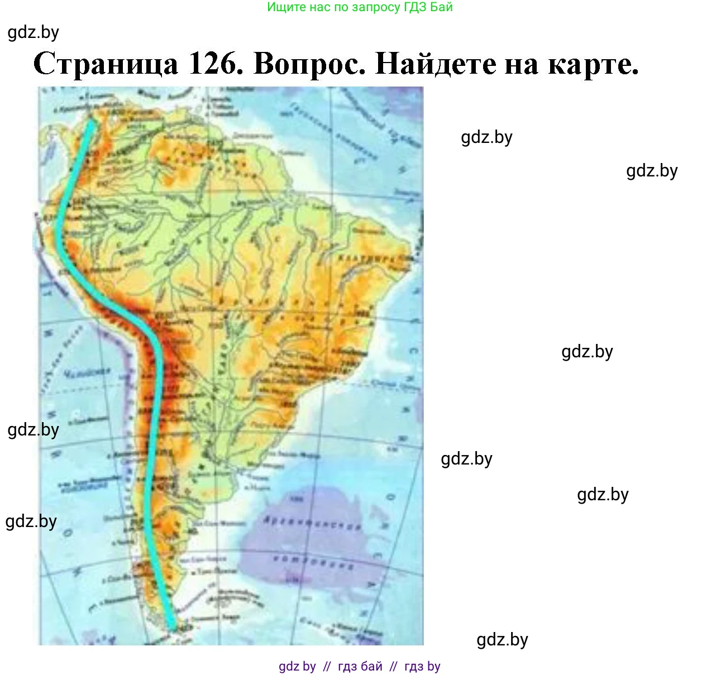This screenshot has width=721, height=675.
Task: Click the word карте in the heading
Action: (593, 65)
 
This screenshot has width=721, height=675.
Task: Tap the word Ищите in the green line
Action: (285, 7)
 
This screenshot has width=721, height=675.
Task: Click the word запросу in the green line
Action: (378, 7)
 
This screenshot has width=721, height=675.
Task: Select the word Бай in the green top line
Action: (442, 7)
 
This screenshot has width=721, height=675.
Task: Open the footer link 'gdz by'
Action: (297, 666)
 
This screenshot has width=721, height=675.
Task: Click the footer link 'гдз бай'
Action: (360, 666)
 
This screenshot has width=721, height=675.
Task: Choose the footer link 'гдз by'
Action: (422, 666)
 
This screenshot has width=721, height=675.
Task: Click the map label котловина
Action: (314, 562)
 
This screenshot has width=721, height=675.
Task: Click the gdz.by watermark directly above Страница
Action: (34, 32)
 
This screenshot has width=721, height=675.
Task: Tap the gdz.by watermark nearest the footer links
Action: (502, 639)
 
